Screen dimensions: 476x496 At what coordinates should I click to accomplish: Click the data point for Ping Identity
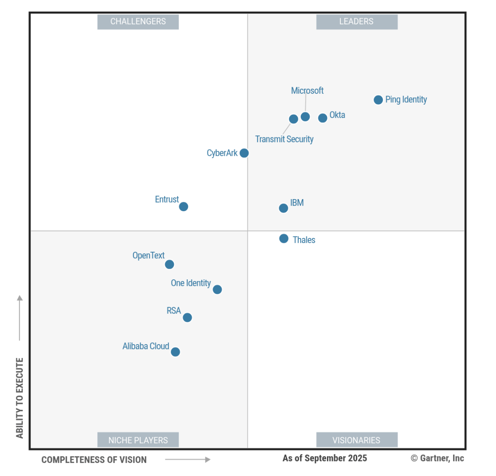378,100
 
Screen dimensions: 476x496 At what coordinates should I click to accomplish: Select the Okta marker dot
323,118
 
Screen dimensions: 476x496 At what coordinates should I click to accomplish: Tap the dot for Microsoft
306,117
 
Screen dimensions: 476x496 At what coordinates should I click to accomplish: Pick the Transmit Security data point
293,119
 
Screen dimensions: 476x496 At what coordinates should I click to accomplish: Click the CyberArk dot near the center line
244,153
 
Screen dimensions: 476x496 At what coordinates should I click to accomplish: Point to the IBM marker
284,208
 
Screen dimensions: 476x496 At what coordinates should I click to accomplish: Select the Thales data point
284,238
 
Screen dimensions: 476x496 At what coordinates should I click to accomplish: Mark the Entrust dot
184,207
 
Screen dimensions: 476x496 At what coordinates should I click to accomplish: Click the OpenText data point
169,264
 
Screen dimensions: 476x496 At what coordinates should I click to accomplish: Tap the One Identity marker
217,289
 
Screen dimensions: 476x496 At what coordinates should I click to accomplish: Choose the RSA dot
187,317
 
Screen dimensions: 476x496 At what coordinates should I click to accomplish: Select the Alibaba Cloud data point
175,352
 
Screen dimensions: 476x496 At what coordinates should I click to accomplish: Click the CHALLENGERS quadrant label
138,21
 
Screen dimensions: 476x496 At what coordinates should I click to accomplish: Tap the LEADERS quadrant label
357,21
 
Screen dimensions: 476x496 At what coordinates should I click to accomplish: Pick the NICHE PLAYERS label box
138,440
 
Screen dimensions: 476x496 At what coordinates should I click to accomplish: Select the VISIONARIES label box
357,440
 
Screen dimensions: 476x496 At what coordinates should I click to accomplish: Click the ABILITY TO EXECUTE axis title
19,398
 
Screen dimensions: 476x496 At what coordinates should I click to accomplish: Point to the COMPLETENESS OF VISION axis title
94,460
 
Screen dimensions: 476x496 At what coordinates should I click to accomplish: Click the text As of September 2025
325,458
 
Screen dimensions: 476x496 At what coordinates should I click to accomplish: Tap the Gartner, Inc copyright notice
437,458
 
